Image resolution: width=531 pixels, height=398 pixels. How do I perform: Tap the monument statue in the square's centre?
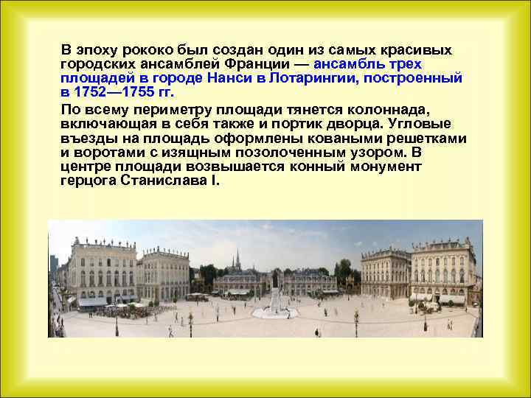(274, 279)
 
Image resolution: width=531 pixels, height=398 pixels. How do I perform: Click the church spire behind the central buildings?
(237, 259)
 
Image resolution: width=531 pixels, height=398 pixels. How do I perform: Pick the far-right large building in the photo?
(442, 270)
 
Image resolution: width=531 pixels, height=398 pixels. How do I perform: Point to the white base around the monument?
(274, 304)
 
